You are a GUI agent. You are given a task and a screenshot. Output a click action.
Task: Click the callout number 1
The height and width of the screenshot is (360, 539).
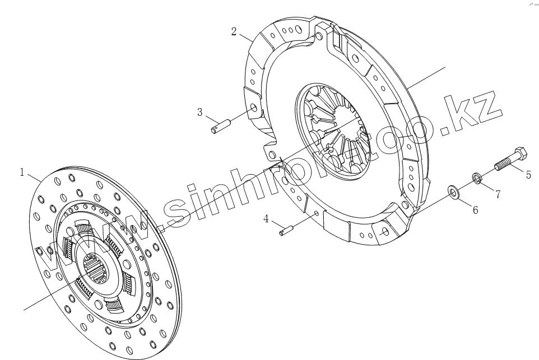[x=22, y=172]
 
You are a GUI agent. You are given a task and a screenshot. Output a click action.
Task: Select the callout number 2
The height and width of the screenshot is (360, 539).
[x=234, y=31]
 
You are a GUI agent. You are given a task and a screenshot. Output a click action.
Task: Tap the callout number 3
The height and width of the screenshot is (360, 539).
[x=200, y=112]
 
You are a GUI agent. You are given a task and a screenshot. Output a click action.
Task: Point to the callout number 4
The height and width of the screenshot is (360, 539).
[x=266, y=218]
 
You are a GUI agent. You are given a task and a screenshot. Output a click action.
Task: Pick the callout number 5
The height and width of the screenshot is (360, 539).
[x=528, y=175]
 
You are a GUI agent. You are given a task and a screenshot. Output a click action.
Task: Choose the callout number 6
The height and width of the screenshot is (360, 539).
[x=475, y=209]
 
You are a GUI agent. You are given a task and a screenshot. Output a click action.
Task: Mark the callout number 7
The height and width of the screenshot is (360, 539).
[x=498, y=194]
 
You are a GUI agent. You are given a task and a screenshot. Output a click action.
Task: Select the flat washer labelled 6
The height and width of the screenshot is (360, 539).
[x=453, y=192]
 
